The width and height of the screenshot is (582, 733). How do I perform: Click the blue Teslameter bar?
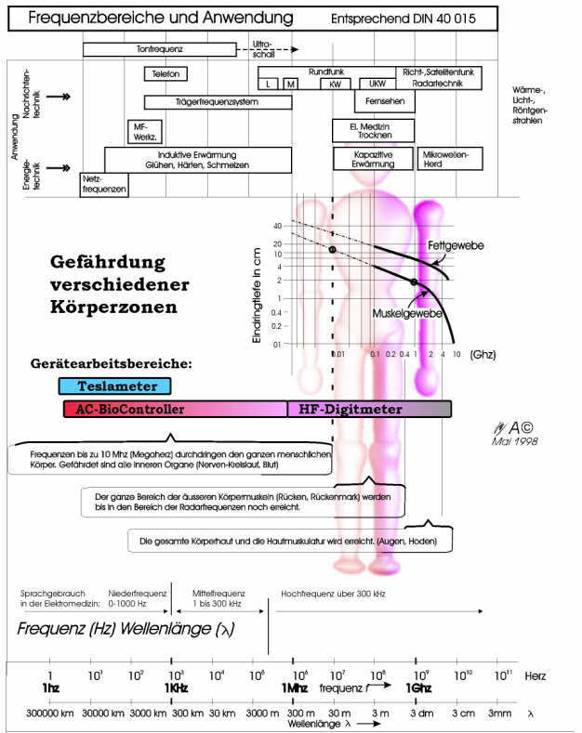[114, 386]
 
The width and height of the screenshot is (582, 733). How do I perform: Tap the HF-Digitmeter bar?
[369, 409]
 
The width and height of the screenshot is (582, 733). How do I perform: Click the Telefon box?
[167, 73]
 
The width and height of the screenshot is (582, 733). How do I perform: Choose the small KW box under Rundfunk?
[335, 84]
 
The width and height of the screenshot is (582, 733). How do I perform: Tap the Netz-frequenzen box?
[104, 184]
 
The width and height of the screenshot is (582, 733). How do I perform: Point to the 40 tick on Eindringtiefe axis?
[277, 226]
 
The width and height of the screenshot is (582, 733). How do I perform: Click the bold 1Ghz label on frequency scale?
[417, 688]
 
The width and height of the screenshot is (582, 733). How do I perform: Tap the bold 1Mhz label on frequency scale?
[295, 688]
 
